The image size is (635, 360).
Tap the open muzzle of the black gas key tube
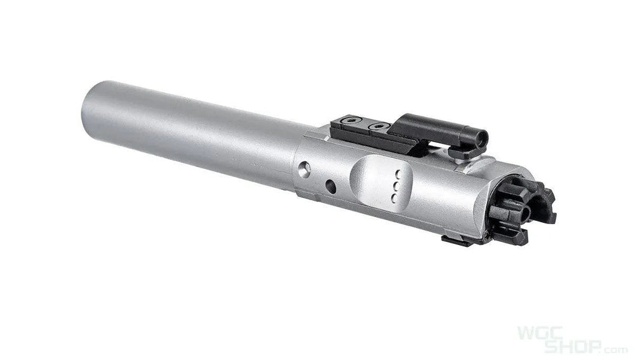pyautogui.click(x=481, y=138)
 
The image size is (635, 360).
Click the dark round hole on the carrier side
pyautogui.click(x=331, y=186)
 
